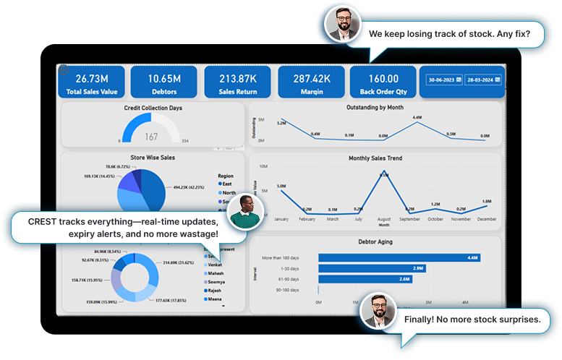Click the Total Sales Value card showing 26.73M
92,82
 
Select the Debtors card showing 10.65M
165,82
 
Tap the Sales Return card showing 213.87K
237,82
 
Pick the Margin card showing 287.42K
310,82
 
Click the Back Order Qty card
383,82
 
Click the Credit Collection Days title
153,108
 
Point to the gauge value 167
151,137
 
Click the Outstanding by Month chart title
375,107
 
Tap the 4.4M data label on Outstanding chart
417,117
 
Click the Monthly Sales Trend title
375,158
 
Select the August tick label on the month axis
383,218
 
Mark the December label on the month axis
486,218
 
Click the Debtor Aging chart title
375,241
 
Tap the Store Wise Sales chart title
153,157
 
